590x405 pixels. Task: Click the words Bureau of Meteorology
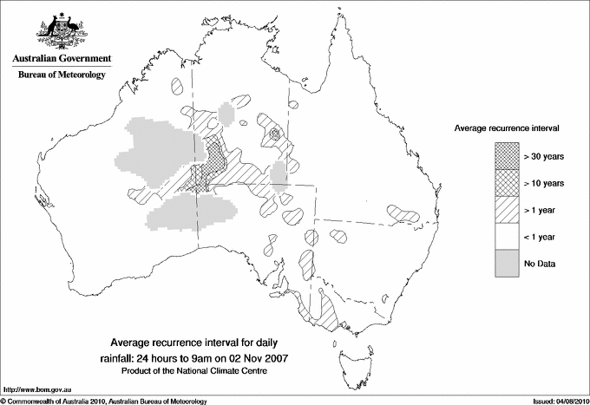61,75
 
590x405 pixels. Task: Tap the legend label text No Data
539,263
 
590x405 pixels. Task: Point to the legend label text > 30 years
543,157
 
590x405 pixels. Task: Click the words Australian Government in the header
61,59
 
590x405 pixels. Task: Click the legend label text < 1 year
540,236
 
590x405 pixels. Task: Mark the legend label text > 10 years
543,183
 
